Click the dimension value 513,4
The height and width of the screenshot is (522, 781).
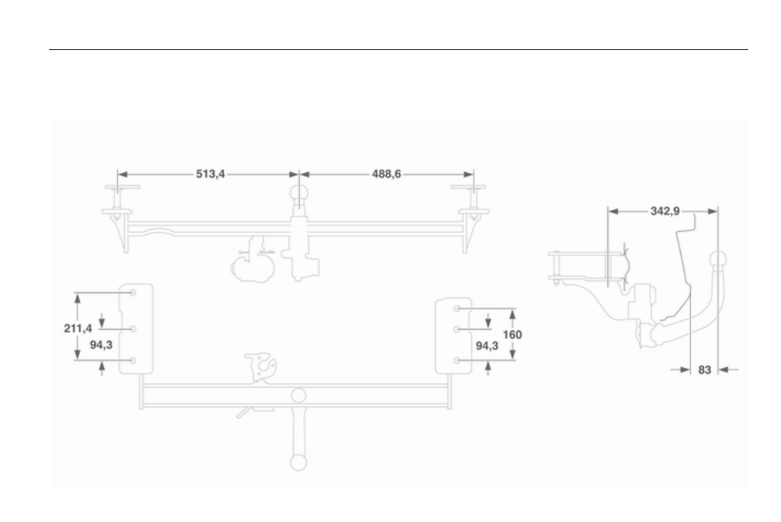coord(210,174)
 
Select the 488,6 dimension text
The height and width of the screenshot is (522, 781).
coord(387,174)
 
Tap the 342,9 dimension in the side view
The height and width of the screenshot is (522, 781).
coord(665,211)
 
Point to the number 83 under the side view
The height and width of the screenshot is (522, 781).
coord(704,370)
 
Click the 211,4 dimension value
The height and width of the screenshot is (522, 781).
coord(78,329)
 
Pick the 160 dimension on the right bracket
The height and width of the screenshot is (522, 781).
coord(512,334)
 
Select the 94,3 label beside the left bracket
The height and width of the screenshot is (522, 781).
coord(101,345)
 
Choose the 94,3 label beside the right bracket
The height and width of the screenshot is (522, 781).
coord(487,346)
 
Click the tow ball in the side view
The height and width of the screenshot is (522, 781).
coord(718,260)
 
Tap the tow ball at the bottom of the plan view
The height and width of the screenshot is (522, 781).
coord(298,462)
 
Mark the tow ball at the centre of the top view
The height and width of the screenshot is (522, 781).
coord(299,193)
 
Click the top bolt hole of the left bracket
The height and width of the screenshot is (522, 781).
coord(133,293)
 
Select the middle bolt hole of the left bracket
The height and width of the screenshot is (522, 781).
coord(133,329)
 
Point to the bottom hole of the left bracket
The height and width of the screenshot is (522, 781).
coord(133,360)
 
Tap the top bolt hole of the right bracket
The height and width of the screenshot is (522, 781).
coord(456,308)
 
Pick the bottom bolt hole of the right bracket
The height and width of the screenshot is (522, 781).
coord(456,360)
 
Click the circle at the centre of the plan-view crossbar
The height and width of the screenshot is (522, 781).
coord(298,396)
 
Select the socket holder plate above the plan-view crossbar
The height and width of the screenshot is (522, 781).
coord(261,368)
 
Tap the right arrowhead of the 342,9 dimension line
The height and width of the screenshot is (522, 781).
coord(713,211)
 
